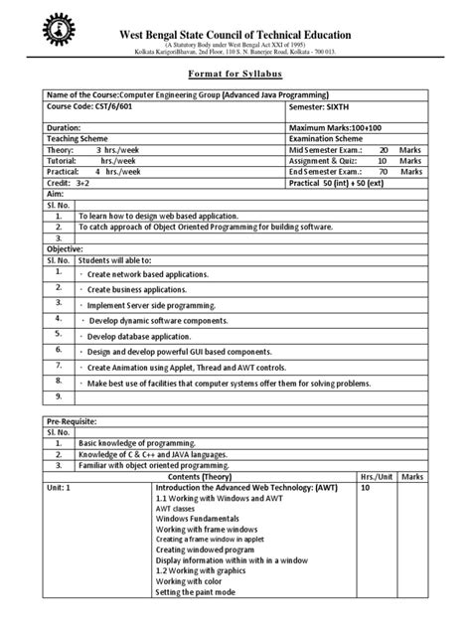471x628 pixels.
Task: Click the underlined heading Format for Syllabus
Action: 235,75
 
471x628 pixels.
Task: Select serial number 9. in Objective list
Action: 60,397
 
